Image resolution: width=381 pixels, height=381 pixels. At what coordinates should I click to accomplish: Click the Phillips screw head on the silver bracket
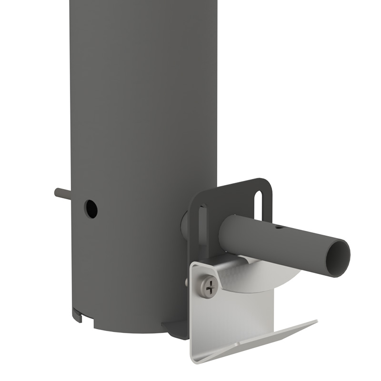210,286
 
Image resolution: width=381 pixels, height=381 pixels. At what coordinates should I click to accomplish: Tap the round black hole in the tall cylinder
90,209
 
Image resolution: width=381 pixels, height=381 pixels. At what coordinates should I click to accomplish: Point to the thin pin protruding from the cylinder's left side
62,193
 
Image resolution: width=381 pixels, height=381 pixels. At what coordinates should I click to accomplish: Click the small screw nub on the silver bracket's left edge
187,283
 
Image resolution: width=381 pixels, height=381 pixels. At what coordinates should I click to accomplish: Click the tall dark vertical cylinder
143,119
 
